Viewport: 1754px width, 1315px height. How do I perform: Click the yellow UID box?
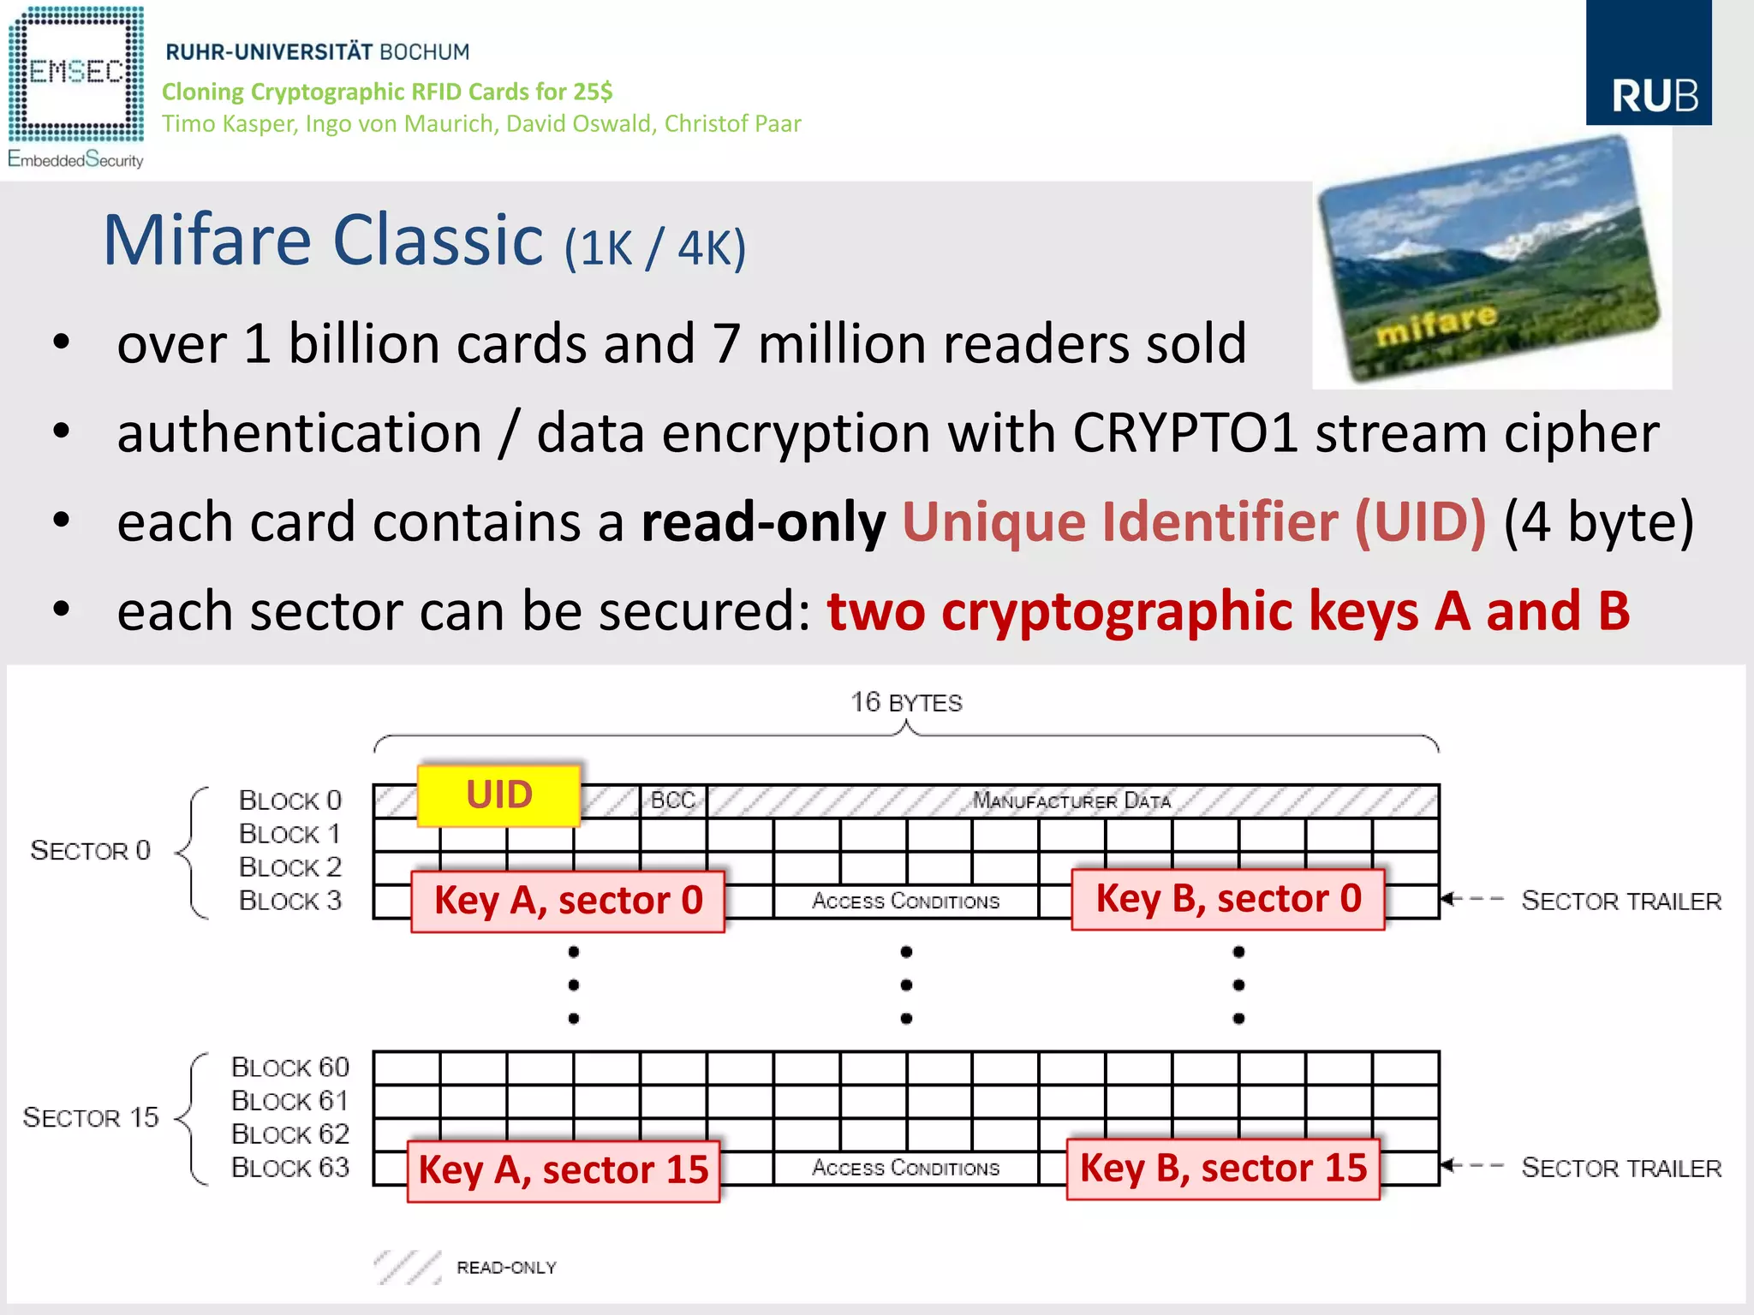(499, 794)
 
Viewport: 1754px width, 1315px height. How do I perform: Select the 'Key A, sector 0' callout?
(568, 901)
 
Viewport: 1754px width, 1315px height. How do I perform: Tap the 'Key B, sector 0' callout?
(1228, 899)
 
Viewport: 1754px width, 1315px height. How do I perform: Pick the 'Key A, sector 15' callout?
(564, 1169)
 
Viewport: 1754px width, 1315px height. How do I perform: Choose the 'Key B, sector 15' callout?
(1223, 1168)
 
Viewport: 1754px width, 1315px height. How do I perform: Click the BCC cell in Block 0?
(673, 800)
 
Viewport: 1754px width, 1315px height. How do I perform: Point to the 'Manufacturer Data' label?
(1071, 801)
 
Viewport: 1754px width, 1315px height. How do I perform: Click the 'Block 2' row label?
(289, 867)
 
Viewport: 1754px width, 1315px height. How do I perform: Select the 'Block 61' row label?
(289, 1101)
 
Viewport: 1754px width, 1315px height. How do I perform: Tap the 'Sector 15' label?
(91, 1117)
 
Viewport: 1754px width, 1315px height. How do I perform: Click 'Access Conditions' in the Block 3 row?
(905, 901)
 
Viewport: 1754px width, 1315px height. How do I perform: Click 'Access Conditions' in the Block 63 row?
(905, 1169)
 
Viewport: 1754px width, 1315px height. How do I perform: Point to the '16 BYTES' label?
(906, 703)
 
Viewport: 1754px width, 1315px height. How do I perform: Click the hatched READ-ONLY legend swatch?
(408, 1267)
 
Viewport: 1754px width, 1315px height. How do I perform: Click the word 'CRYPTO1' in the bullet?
(1185, 432)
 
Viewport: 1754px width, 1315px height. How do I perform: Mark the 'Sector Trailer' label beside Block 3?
(1620, 901)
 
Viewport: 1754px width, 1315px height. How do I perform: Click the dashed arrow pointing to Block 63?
(1472, 1165)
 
